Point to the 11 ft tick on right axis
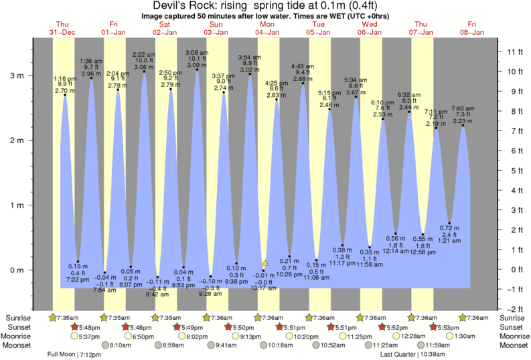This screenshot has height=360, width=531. (x=514, y=52)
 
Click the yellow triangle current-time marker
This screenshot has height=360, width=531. (x=265, y=263)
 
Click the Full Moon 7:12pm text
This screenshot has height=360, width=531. (x=74, y=354)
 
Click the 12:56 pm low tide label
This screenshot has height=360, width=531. (x=423, y=251)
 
